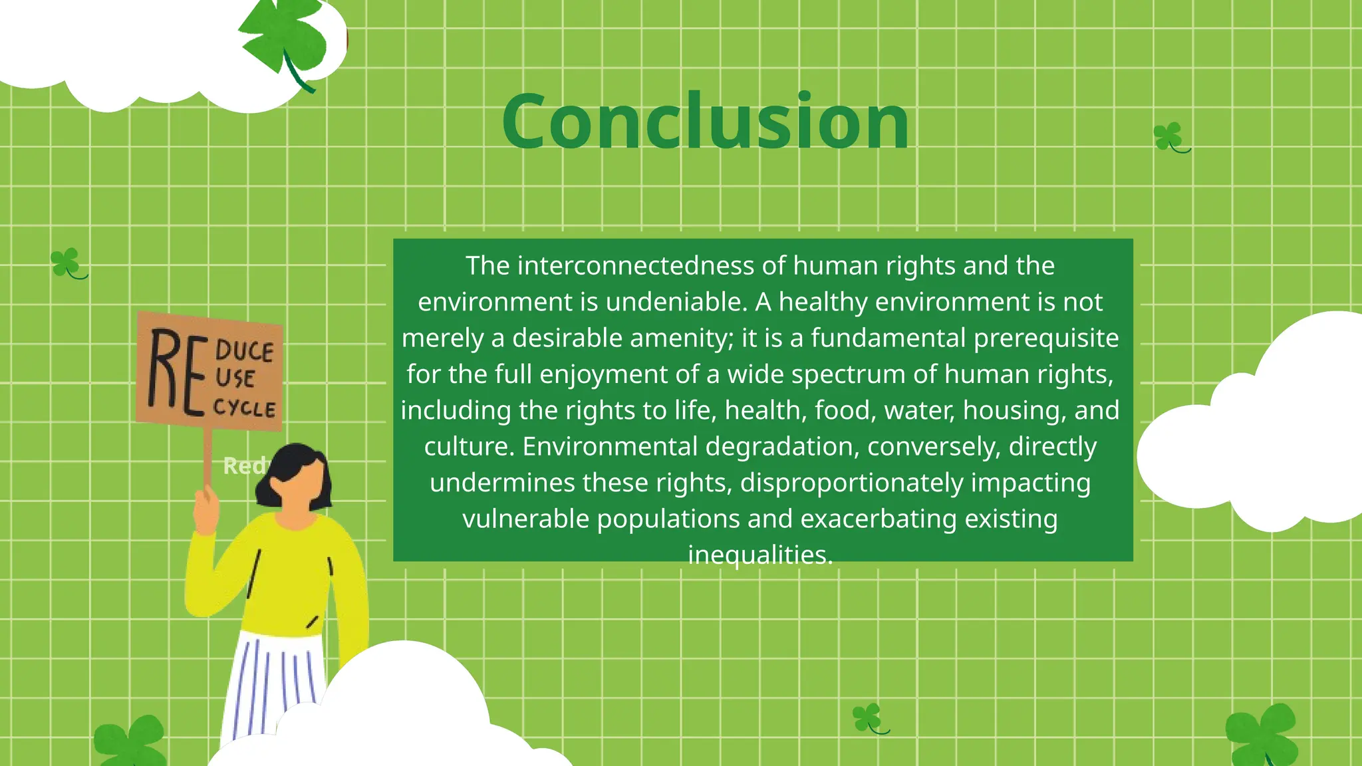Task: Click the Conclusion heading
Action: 705,123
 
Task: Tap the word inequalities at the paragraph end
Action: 759,555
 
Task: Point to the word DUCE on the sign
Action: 244,350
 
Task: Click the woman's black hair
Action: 293,465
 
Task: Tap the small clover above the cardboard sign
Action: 67,263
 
